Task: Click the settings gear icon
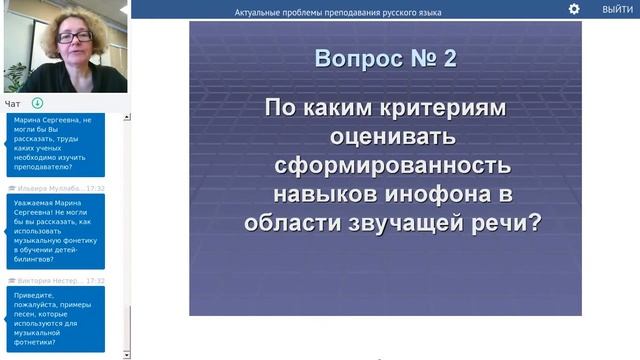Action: coord(574,9)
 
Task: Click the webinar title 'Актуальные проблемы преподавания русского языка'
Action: coord(337,12)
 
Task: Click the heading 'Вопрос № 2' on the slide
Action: coord(385,59)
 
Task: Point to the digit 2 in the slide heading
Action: coord(449,59)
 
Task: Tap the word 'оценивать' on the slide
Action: coord(385,135)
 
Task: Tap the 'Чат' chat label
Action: coord(12,103)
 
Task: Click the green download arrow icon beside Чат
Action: coord(37,103)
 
